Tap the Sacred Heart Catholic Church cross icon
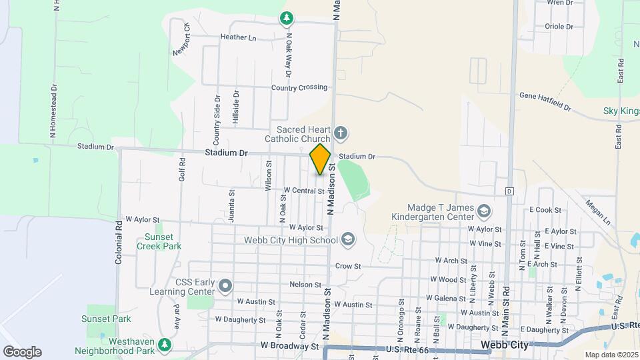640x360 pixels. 340,132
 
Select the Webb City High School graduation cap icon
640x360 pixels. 347,239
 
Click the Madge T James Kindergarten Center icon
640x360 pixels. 484,212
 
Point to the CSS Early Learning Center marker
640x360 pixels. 225,286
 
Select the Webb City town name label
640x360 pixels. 505,345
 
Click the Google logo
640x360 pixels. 22,352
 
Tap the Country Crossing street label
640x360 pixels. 299,87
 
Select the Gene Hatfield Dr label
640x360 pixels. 545,101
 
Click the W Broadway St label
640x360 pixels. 289,346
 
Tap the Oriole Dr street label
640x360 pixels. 559,27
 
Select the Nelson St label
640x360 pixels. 306,284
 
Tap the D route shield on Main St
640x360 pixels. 509,191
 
